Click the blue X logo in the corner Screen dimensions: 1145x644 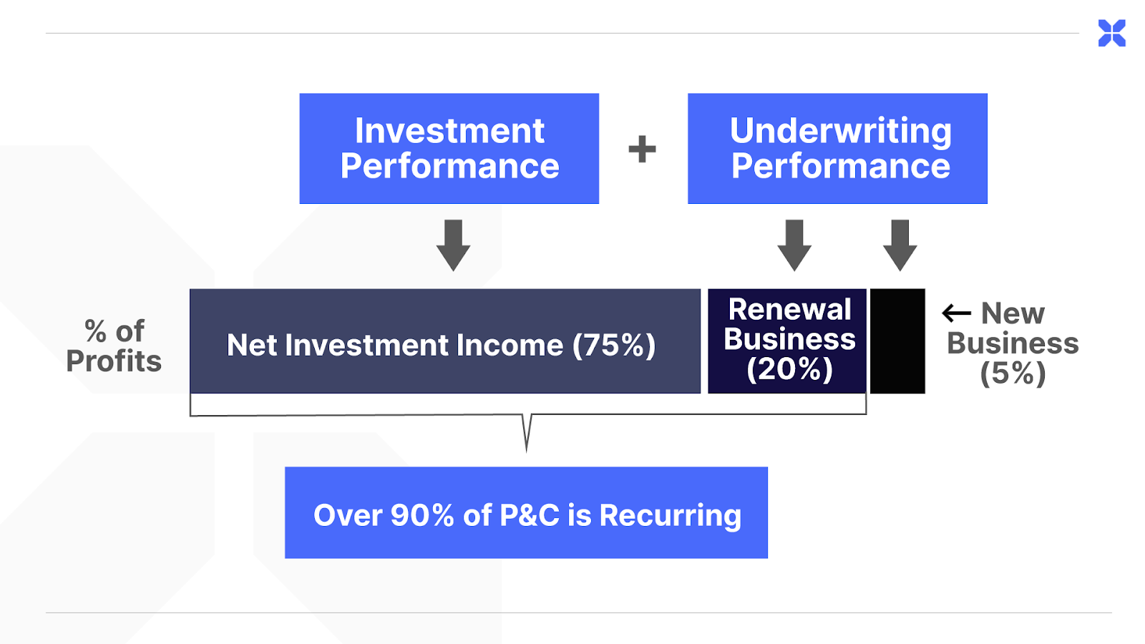1111,33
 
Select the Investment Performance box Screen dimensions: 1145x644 449,148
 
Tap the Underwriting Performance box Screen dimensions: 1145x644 837,148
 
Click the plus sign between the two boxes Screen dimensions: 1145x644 642,150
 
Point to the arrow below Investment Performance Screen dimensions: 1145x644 454,245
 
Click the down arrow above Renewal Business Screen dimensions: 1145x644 794,245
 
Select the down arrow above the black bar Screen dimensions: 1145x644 900,245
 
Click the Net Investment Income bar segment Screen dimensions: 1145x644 445,341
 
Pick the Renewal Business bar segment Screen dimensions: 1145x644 787,341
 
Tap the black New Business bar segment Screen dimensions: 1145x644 897,341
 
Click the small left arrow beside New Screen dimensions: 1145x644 956,313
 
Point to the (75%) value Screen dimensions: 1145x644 614,346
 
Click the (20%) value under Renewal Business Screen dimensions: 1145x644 790,369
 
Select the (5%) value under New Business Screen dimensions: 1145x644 1013,373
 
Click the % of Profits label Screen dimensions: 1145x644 114,346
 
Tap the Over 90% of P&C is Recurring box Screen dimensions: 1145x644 527,512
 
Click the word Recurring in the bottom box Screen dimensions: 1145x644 670,515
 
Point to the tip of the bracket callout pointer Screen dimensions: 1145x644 527,452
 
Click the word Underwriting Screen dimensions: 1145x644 841,132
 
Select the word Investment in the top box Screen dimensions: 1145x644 450,131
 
